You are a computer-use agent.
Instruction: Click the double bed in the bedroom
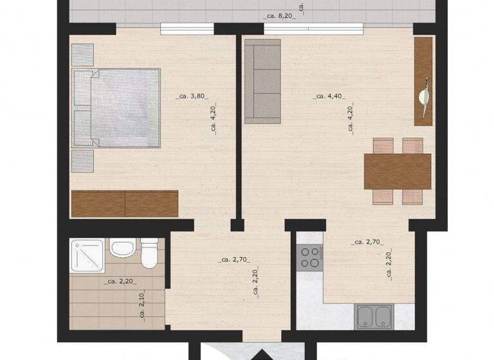[116, 107]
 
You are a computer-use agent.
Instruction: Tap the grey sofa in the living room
[262, 81]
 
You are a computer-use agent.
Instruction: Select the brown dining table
[398, 171]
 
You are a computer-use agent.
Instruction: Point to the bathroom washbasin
[121, 248]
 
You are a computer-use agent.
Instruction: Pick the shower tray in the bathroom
[87, 253]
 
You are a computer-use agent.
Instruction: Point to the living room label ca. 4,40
[329, 96]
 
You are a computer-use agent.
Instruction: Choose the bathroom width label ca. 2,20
[119, 281]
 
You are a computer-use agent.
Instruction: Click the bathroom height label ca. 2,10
[141, 305]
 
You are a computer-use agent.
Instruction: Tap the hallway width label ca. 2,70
[234, 260]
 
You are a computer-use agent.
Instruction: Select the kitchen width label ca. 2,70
[368, 242]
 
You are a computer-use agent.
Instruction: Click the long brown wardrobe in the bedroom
[124, 203]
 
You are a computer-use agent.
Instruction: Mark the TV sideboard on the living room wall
[423, 81]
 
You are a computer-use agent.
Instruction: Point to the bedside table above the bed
[82, 55]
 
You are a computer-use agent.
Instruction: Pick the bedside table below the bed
[82, 161]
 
